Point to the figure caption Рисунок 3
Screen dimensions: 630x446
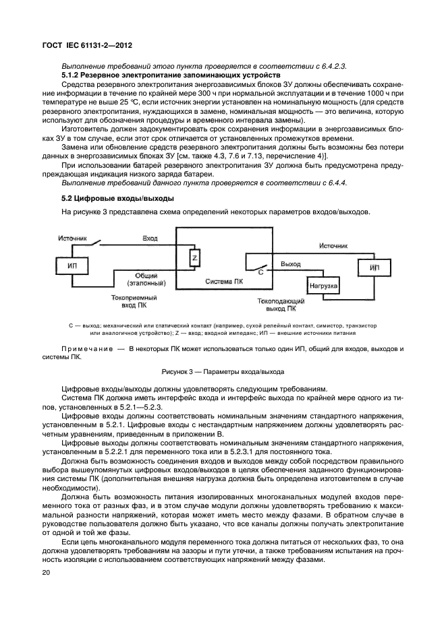pyautogui.click(x=223, y=371)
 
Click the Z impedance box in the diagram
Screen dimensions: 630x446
pyautogui.click(x=194, y=258)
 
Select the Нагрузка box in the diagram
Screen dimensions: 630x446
pyautogui.click(x=323, y=286)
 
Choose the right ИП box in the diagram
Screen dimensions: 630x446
pyautogui.click(x=375, y=267)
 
